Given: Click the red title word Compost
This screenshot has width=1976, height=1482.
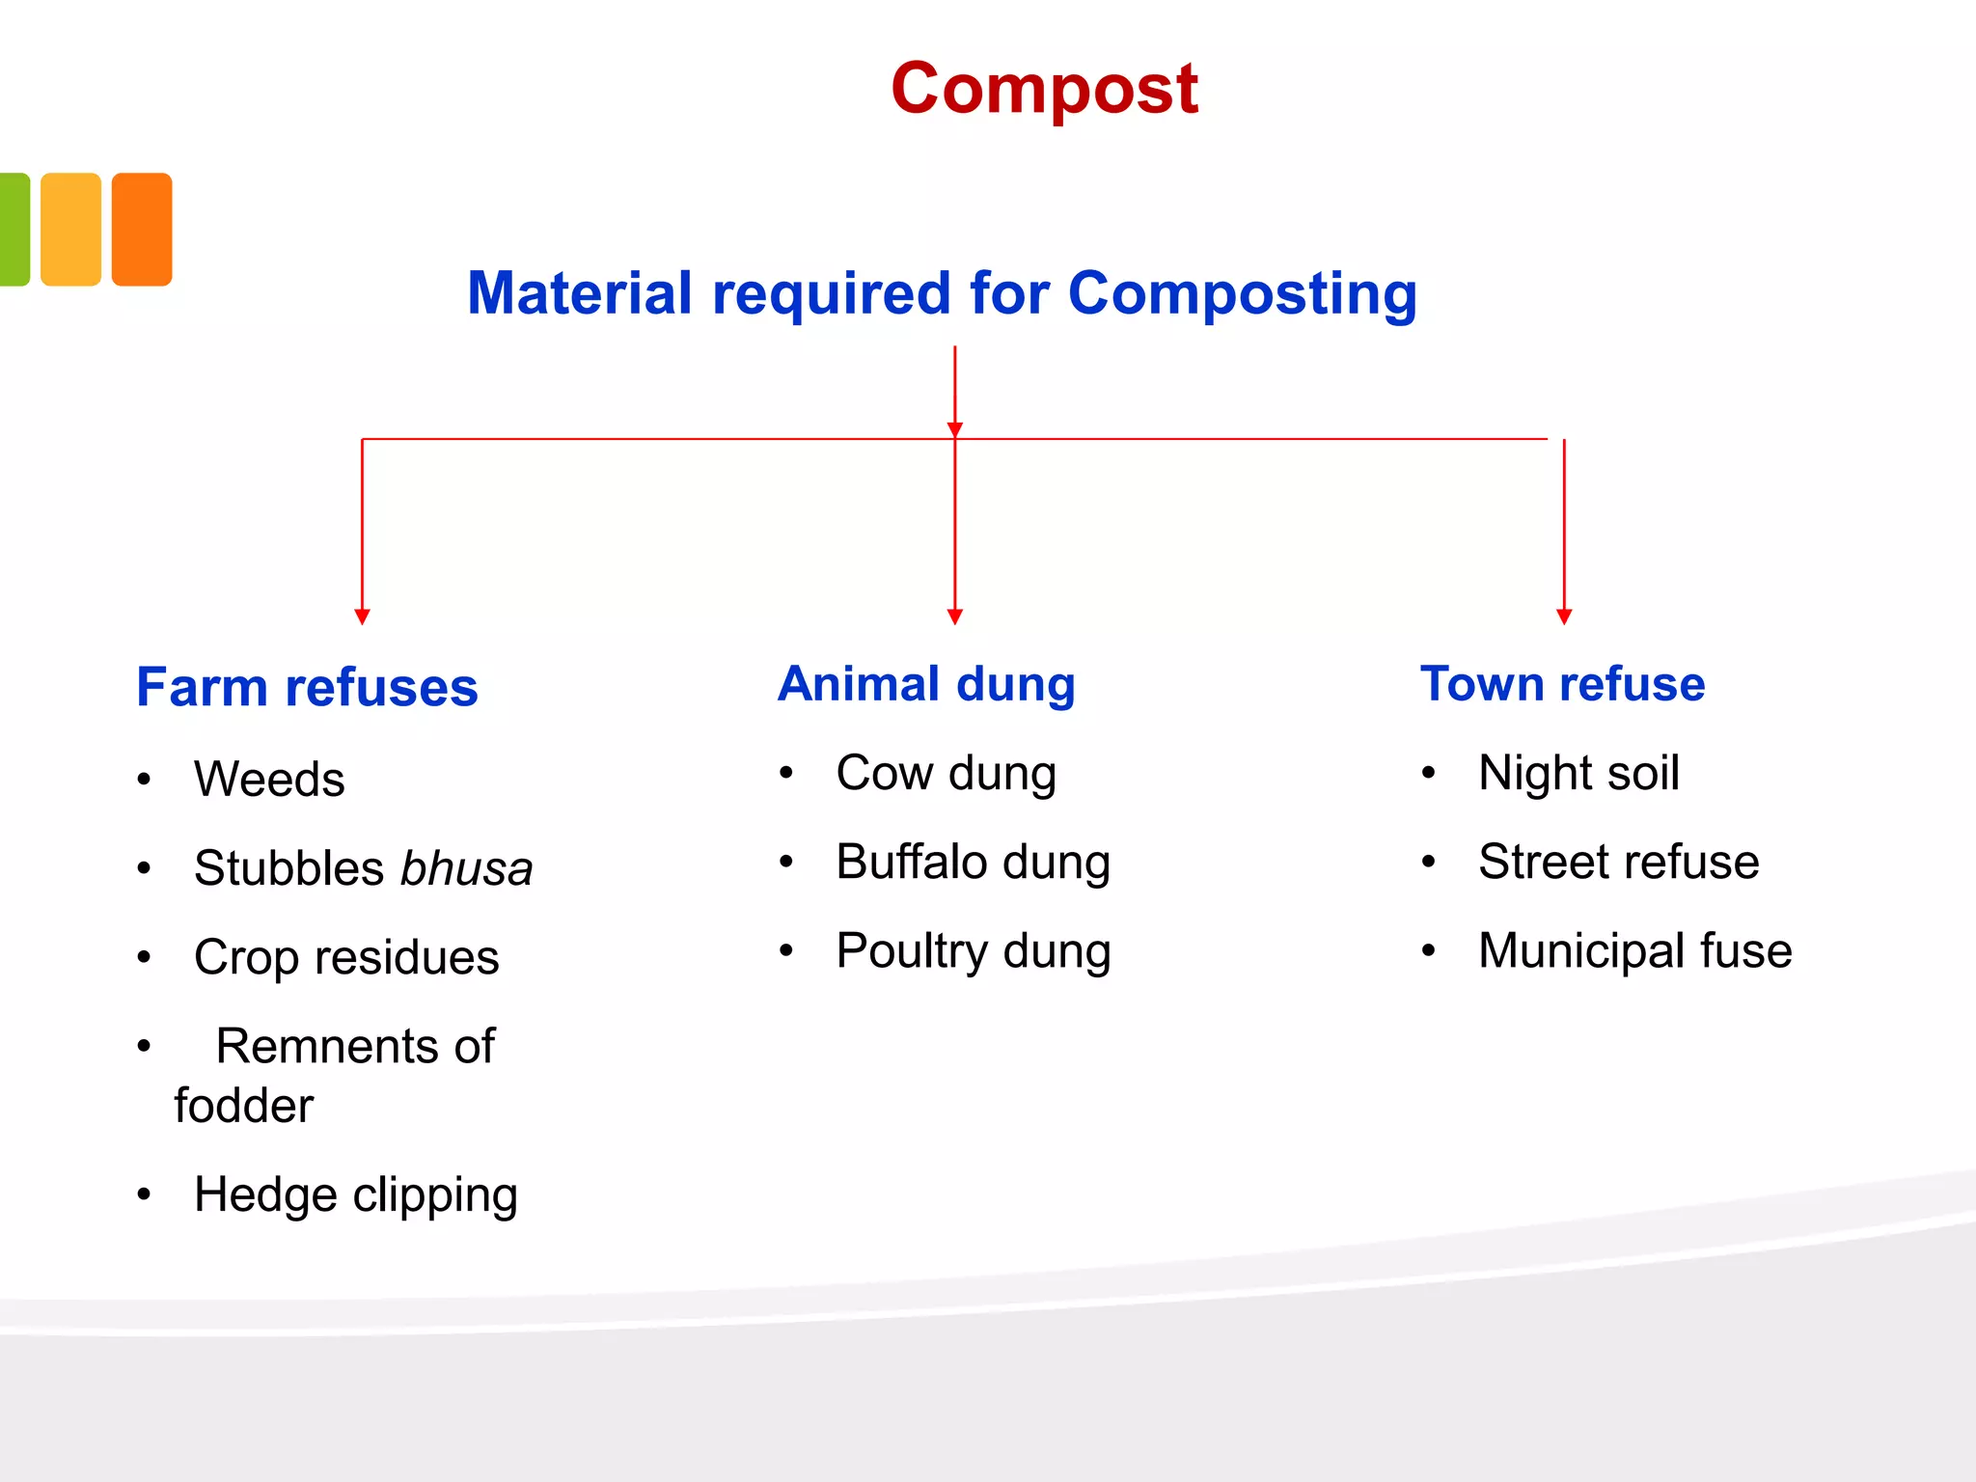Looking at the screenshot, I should [1044, 89].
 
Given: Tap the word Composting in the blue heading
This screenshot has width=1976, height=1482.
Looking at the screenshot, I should [1243, 293].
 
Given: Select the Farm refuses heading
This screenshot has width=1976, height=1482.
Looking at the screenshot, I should [307, 687].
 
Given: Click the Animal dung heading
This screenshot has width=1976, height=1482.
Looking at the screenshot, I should [926, 684].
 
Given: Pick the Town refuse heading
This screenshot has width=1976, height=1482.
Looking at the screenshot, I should [1562, 684].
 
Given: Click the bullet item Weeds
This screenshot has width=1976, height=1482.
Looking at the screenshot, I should [269, 779].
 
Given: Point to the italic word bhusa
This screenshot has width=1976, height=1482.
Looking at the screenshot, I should [467, 868].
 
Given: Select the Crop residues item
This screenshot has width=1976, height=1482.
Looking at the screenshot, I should [346, 957].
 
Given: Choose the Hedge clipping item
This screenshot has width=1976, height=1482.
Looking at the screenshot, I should [356, 1194].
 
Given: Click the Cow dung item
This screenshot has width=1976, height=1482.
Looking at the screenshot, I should [946, 773].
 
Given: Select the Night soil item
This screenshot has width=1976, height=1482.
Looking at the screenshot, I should [1578, 773].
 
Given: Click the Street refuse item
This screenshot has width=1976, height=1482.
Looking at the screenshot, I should [1618, 862].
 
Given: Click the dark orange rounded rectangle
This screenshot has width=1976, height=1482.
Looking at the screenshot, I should [142, 230].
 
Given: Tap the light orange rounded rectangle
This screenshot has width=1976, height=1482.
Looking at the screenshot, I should [70, 230].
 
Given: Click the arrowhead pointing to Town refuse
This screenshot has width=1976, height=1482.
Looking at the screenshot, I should [1564, 617].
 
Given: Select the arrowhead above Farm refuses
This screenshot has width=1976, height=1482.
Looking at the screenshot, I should [362, 617].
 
